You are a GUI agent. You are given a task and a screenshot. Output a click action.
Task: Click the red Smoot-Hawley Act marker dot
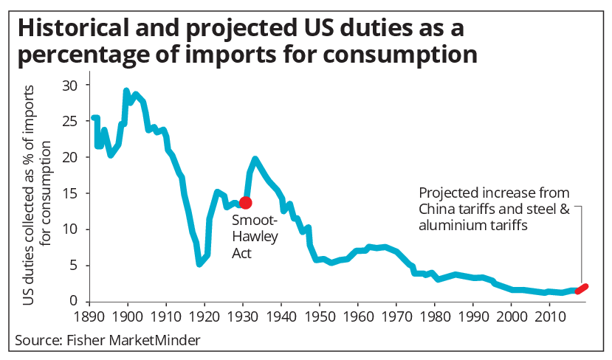click(246, 202)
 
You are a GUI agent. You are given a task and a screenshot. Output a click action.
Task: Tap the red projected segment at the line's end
click(582, 288)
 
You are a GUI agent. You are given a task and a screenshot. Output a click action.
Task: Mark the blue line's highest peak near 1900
click(126, 91)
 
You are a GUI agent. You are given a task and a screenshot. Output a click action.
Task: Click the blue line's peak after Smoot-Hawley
click(255, 158)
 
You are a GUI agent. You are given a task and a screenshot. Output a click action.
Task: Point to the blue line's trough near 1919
click(199, 263)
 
